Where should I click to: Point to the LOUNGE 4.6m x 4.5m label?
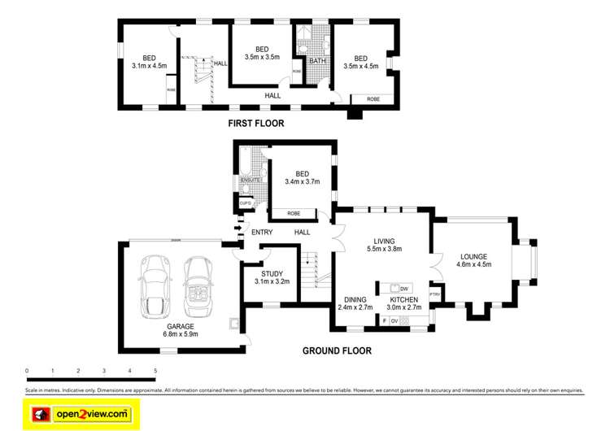coord(473,259)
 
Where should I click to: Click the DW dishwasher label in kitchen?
coord(404,289)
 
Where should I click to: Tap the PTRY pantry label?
coord(434,294)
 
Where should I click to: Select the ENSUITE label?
coord(250,180)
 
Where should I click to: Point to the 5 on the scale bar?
coord(155,371)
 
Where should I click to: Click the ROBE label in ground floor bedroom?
coord(290,214)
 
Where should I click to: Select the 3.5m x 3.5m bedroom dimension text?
coord(262,57)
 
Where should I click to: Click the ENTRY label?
coord(262,233)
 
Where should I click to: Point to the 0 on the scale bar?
coord(27,371)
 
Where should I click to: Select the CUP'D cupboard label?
coord(245,203)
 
